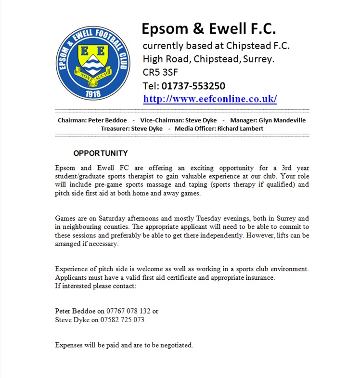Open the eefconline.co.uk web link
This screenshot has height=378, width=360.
210,99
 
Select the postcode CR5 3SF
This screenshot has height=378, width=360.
161,73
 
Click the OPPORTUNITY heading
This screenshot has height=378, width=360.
101,154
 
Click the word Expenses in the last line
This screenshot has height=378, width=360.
68,345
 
